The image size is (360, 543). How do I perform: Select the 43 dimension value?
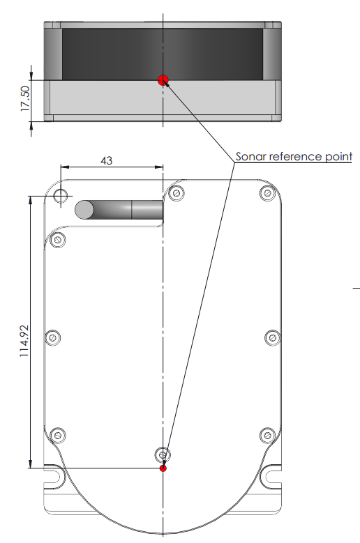point(107,160)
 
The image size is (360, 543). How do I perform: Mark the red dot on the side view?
point(163,80)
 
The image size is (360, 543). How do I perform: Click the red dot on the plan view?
point(163,468)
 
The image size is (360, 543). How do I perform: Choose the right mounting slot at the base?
point(273,477)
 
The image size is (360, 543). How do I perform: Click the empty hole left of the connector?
point(61,194)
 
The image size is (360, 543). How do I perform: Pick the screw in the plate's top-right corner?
point(267,193)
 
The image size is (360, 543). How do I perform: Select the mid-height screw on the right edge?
point(273,338)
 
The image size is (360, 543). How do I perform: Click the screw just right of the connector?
point(178,193)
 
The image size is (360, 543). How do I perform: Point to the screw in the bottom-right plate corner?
point(267,435)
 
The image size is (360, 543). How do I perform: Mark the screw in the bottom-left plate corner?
point(58,435)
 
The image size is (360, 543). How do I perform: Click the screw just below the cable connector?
point(59,240)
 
